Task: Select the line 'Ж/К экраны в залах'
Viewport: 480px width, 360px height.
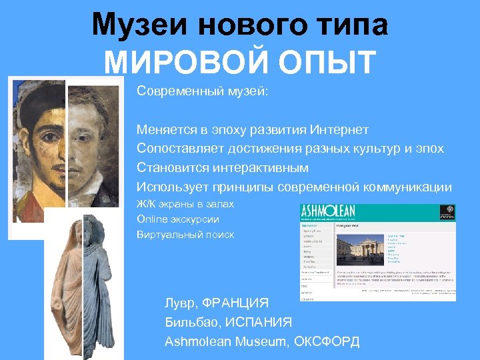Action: pos(185,203)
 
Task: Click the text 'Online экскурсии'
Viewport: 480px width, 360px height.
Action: pos(177,219)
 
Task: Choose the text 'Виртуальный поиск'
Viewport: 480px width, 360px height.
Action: pos(185,234)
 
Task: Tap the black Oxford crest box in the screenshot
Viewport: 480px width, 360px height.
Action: pos(447,212)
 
